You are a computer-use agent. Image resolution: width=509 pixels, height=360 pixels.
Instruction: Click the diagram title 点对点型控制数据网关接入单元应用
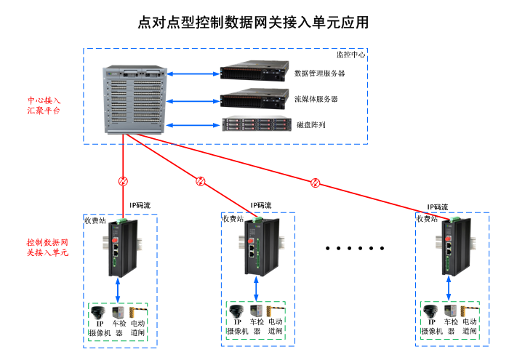pos(254,23)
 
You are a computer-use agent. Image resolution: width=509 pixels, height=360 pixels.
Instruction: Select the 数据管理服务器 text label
pos(319,73)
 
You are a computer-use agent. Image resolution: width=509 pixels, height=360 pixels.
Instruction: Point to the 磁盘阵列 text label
pos(311,125)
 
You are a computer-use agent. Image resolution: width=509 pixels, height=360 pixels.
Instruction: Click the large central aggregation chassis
pos(136,100)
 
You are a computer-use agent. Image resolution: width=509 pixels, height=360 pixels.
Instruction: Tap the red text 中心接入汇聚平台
pos(44,105)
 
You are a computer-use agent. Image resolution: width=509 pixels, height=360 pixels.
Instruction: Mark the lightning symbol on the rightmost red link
pos(315,182)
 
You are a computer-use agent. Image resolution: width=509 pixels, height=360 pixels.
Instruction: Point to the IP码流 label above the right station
pos(437,207)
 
